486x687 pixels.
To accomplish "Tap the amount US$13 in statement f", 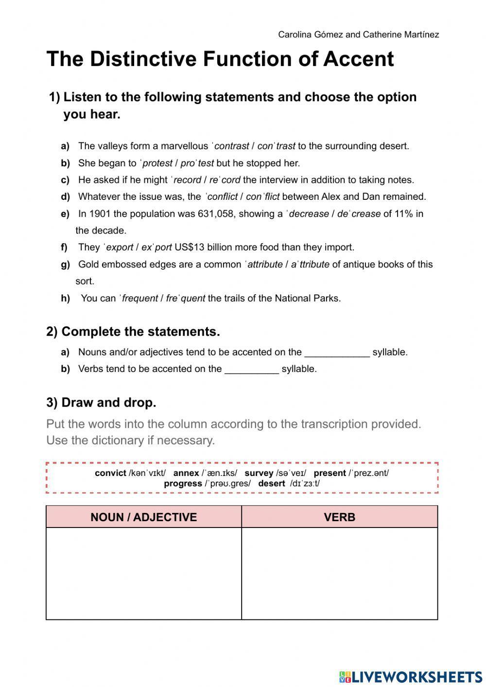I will (190, 247).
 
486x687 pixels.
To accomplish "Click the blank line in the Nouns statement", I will (337, 353).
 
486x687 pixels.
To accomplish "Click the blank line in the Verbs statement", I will (251, 370).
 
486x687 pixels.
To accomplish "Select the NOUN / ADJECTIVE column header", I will (144, 517).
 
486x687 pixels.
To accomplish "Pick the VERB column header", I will (339, 517).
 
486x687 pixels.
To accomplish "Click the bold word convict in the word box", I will (110, 473).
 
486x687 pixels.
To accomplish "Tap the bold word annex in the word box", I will (186, 473).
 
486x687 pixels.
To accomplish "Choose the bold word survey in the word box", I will (259, 473).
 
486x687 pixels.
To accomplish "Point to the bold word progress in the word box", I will (183, 484).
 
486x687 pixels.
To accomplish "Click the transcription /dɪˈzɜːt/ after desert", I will (305, 484).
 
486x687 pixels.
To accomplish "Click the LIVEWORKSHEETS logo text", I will (417, 676).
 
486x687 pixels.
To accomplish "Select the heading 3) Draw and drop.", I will (101, 403).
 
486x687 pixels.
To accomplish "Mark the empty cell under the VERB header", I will (339, 573).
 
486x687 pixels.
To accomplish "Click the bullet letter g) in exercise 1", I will (65, 265).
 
